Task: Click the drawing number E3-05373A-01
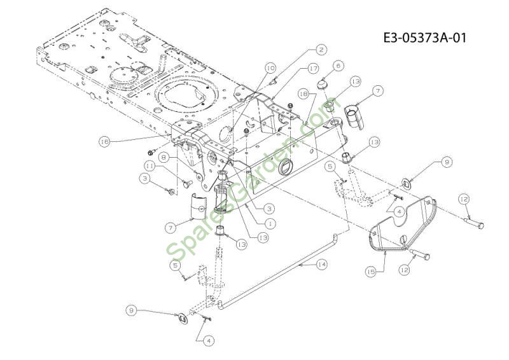point(424,38)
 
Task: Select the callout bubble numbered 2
point(321,50)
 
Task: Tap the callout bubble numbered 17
point(313,69)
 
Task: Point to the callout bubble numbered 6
point(338,66)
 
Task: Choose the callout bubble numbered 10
point(270,68)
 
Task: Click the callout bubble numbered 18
point(304,93)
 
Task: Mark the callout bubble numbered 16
point(104,142)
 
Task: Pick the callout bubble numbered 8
point(164,158)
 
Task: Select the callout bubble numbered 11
point(150,166)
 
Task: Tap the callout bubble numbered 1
point(269,223)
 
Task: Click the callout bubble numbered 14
point(321,265)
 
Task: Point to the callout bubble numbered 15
point(371,271)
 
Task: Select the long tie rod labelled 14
point(279,269)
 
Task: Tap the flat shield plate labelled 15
point(403,225)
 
